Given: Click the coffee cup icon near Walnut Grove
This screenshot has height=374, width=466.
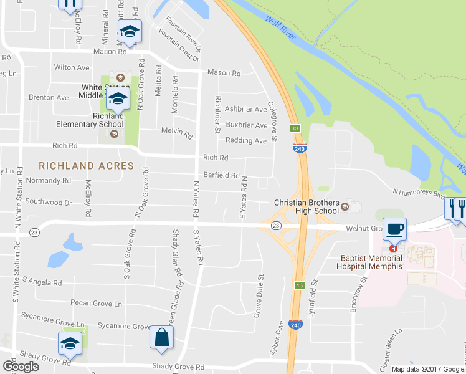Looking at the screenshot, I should click(395, 228).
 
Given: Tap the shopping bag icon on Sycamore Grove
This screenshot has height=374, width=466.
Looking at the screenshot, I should click(161, 338).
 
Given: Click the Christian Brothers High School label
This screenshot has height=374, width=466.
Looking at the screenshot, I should click(307, 207).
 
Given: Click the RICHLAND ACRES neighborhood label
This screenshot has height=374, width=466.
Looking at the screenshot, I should click(86, 166).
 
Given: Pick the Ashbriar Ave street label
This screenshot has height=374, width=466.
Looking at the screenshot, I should click(245, 109).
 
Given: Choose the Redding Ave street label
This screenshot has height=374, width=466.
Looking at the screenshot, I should click(245, 141).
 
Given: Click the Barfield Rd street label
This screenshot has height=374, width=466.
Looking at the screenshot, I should click(221, 176).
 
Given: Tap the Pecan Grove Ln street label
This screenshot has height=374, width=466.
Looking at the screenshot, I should click(97, 304).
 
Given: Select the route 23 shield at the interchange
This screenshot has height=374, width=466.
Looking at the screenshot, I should click(276, 225).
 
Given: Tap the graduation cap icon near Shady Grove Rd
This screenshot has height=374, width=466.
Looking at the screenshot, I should click(70, 343).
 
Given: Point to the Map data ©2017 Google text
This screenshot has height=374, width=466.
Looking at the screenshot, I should click(427, 369).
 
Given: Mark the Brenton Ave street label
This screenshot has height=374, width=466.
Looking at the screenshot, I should click(49, 98).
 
